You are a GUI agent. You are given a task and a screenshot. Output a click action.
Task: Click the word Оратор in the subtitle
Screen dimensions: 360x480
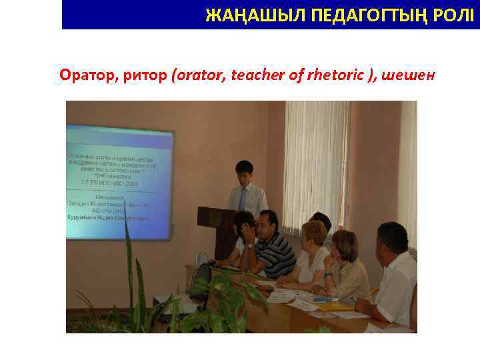coord(87,75)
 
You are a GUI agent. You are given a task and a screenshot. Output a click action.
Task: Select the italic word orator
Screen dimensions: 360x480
coord(198,75)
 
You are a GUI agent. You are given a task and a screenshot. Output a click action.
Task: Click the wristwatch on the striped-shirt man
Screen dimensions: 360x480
coord(250,245)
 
